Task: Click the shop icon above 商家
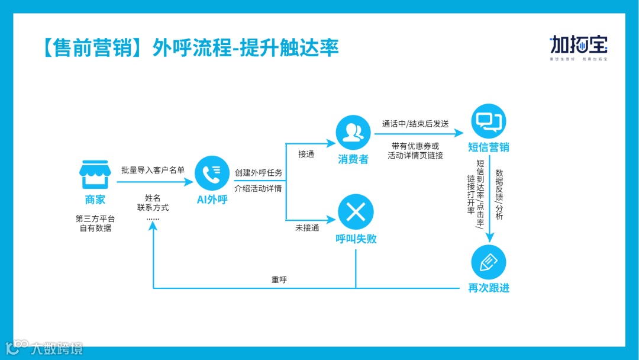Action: tap(95, 175)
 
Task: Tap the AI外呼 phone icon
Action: tap(212, 173)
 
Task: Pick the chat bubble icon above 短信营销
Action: tap(489, 121)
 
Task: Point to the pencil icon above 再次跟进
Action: tap(489, 262)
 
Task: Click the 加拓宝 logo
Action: tap(579, 46)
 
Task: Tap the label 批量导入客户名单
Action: tap(153, 170)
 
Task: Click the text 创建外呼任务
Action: tap(259, 173)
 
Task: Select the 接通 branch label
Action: tap(306, 154)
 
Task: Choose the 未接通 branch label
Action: tap(307, 227)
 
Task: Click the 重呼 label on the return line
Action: tap(279, 279)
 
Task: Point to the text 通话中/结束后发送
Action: tap(415, 124)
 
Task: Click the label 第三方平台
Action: tap(95, 218)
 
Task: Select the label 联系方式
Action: tap(153, 208)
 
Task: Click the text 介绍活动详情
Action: tap(259, 189)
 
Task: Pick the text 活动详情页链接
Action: tap(415, 155)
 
